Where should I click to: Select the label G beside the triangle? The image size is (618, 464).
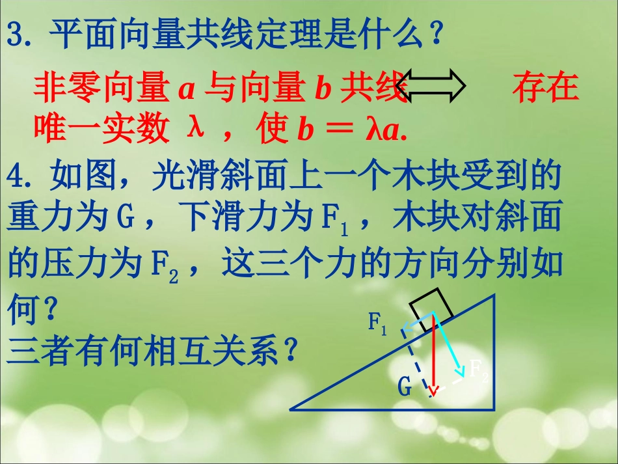pyautogui.click(x=405, y=387)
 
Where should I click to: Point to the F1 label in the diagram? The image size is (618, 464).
pyautogui.click(x=377, y=323)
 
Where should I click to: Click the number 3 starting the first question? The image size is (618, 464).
pyautogui.click(x=16, y=34)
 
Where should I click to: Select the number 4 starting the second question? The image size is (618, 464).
pyautogui.click(x=16, y=176)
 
